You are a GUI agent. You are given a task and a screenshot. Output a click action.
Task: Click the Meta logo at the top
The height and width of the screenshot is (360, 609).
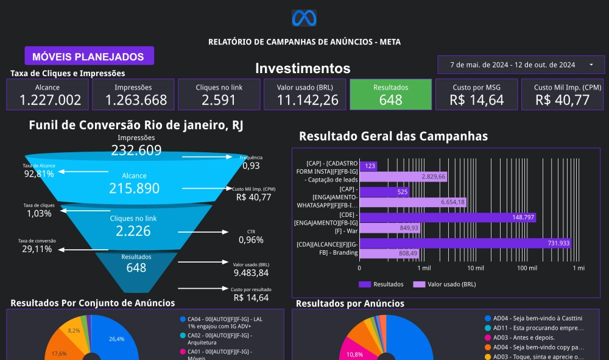pos(304,18)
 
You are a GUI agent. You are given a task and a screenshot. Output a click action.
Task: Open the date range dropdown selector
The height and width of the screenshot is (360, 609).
pos(521,65)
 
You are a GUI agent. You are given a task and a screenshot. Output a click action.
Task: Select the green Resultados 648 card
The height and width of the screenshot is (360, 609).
pos(390,94)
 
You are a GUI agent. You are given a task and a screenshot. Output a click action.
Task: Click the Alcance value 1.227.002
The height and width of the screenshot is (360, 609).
pos(47,100)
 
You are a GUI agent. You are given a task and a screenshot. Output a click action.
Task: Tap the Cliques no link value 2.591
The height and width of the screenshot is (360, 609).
pos(219,100)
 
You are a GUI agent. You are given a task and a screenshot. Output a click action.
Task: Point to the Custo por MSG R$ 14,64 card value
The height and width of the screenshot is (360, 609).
pos(476,100)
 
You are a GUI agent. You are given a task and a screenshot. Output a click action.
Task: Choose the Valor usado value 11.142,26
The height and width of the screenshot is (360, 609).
pos(304,100)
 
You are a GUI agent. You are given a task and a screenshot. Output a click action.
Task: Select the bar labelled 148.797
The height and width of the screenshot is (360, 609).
pos(448,217)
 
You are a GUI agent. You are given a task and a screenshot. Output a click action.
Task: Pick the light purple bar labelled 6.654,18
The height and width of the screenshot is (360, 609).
pos(414,202)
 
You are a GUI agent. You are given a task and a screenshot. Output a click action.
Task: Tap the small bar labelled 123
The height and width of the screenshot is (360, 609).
pos(368,166)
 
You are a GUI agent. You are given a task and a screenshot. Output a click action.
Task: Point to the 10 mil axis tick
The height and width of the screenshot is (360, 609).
pos(475,268)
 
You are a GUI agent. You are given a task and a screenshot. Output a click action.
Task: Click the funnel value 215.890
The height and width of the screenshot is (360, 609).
pos(134,188)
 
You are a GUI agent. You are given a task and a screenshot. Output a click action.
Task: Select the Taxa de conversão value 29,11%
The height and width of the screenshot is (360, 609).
pos(37,249)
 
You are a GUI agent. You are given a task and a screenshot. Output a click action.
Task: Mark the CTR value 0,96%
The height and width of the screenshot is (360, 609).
pos(251,240)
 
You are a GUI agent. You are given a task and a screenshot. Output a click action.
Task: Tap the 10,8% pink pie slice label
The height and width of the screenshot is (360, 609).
pos(354,354)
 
